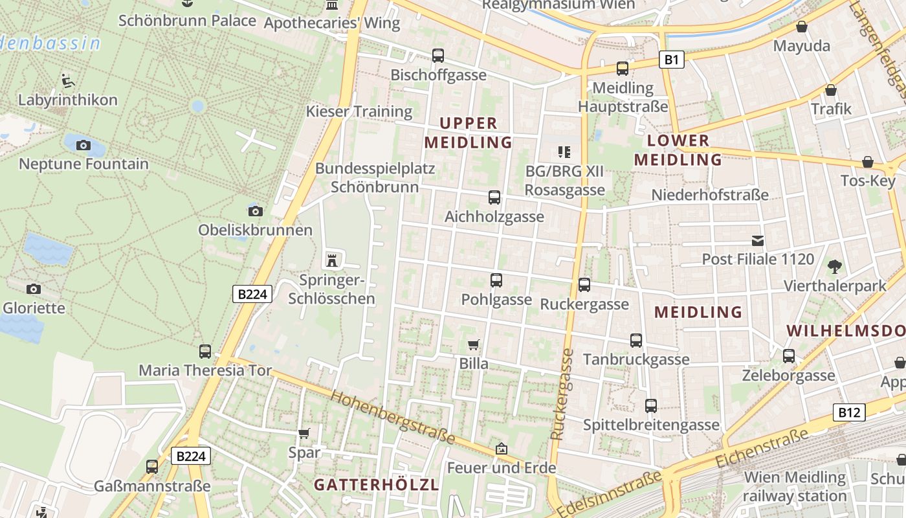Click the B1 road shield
click(x=671, y=60)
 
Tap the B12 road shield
click(x=848, y=412)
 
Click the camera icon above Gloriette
click(x=34, y=289)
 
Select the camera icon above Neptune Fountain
click(x=83, y=145)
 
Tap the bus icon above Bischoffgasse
click(x=438, y=56)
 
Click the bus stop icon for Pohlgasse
click(x=496, y=280)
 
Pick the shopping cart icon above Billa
click(x=474, y=344)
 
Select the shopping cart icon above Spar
click(x=304, y=433)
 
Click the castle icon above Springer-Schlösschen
click(x=332, y=261)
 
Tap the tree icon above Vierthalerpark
click(x=835, y=266)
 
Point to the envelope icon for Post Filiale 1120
click(x=758, y=241)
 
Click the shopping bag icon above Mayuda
click(x=802, y=27)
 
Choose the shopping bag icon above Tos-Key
click(x=868, y=162)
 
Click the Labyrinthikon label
click(x=68, y=100)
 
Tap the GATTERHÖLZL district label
click(x=377, y=484)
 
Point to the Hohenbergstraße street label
click(x=393, y=416)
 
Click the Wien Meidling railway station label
click(x=795, y=487)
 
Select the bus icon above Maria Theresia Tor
click(x=205, y=351)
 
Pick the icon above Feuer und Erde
click(x=501, y=448)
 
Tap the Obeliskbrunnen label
click(x=255, y=230)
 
